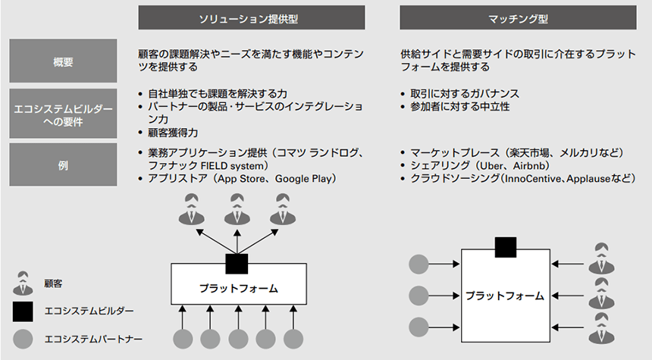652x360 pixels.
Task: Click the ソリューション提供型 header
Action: [x=252, y=17]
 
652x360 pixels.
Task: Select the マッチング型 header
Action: [x=518, y=17]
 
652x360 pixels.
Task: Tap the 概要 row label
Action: [x=64, y=61]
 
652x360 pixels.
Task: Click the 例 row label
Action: [x=64, y=164]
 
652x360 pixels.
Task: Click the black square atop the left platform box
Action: [x=237, y=263]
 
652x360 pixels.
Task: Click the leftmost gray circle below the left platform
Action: [x=183, y=339]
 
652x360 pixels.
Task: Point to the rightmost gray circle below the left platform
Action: [x=292, y=339]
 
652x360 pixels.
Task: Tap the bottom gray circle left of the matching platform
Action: [x=418, y=327]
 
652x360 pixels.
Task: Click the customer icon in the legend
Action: [x=24, y=283]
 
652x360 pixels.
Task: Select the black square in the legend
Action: [x=24, y=311]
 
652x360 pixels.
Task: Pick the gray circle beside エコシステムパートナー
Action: [x=24, y=338]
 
